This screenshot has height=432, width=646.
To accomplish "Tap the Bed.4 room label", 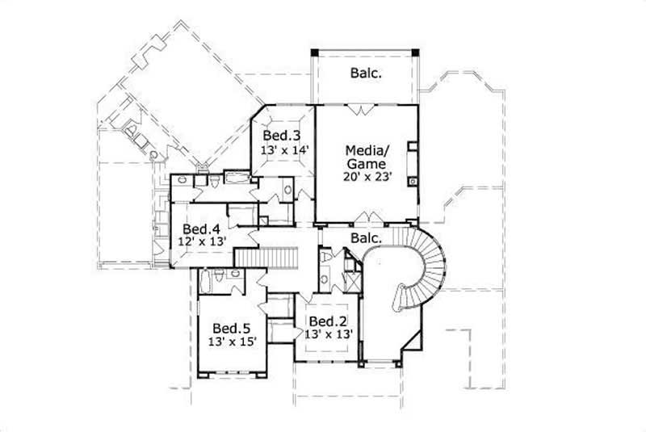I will (201, 228).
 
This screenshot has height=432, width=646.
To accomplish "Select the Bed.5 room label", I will (230, 328).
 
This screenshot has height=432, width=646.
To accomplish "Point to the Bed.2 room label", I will (327, 321).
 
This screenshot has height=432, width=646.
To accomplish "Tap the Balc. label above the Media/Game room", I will (366, 73).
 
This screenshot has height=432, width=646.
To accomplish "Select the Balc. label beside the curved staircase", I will (367, 238).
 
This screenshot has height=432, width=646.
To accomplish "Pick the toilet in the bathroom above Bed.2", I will (324, 258).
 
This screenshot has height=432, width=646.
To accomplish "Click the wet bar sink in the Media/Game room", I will (414, 182).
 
